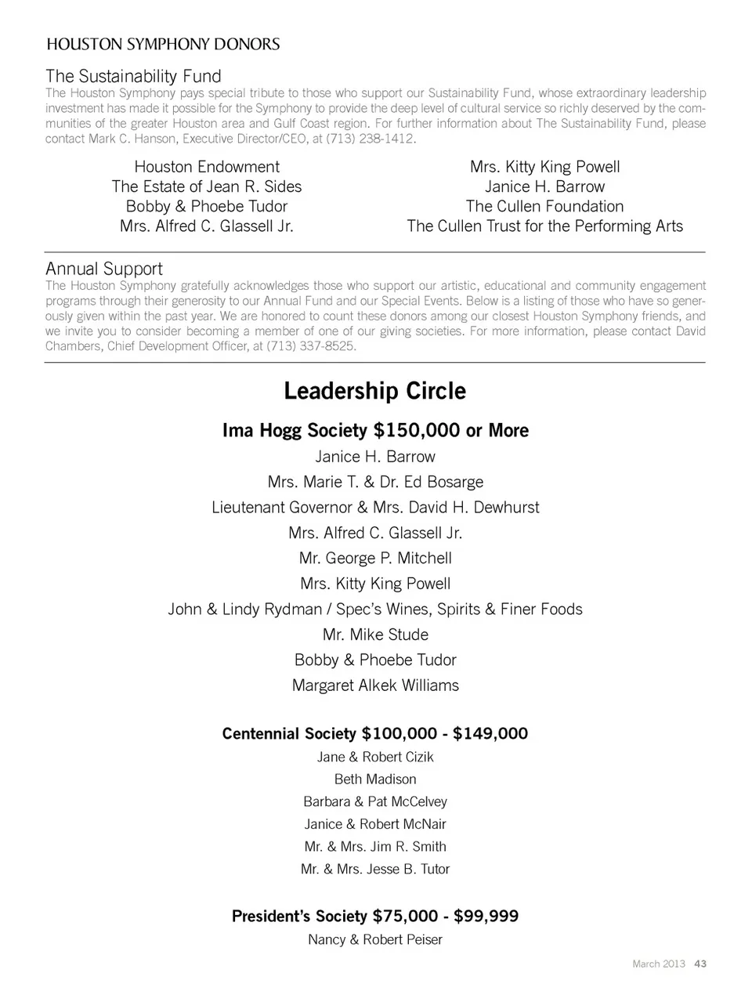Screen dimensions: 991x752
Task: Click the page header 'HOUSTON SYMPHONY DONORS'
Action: pos(163,44)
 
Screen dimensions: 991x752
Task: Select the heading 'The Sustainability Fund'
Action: pos(133,76)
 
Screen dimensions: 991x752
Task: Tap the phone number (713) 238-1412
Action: pos(374,139)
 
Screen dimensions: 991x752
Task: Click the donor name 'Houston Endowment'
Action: pos(207,167)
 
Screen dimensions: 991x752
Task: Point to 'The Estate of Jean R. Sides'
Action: pos(207,186)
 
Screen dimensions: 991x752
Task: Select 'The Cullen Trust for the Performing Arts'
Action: pos(544,226)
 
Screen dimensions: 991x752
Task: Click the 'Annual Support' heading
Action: pos(104,269)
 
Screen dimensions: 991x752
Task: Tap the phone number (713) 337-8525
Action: pos(311,345)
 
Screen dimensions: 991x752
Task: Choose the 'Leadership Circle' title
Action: pos(374,391)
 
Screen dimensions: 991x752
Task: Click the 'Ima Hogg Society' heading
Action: pos(375,430)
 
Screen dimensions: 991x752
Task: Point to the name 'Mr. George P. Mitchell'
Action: pos(375,558)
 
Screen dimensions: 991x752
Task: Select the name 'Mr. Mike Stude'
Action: pos(375,635)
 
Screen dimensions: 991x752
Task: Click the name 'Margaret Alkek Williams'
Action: pos(375,685)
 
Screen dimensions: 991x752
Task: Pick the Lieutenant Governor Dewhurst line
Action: pos(375,507)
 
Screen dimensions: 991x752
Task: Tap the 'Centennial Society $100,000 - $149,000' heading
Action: pos(375,733)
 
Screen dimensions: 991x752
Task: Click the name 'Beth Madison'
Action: pos(375,779)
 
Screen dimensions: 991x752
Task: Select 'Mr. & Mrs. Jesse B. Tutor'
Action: pos(375,869)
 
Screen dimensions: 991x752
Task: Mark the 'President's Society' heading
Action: pos(375,916)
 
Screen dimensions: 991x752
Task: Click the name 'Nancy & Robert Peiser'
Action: pos(375,939)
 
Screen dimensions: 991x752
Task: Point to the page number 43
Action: pos(700,964)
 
